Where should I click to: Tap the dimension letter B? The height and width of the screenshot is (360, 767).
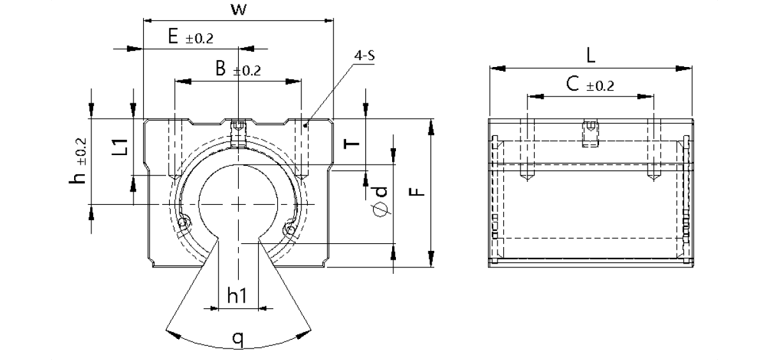(220, 68)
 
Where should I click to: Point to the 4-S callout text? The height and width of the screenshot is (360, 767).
(364, 57)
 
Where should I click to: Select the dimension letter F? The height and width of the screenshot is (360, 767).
(415, 191)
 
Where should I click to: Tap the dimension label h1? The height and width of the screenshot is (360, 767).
(237, 295)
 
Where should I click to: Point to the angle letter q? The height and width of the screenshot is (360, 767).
(238, 338)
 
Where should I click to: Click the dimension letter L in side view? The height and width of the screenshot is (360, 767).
(591, 56)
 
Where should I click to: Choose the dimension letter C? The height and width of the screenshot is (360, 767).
(573, 83)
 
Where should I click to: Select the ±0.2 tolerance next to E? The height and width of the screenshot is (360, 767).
(199, 39)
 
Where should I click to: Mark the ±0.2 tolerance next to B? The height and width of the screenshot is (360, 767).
(247, 71)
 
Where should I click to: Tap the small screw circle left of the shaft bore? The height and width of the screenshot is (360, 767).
(185, 223)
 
